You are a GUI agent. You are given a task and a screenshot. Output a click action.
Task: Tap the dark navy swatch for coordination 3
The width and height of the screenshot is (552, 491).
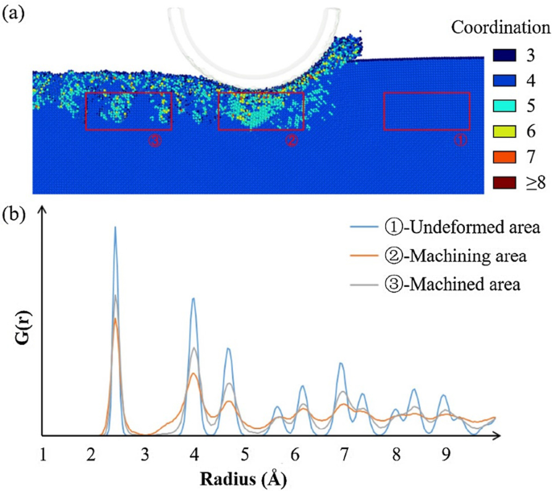pos(501,56)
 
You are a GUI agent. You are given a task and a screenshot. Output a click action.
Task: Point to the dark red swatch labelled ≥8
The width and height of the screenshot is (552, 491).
pos(501,183)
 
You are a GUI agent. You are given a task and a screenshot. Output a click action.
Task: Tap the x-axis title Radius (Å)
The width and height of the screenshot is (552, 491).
pos(247,476)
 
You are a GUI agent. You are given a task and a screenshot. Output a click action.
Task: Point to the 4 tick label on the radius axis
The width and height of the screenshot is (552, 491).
pos(193,454)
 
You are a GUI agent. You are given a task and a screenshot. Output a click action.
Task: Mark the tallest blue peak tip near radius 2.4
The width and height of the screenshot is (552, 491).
pos(115,227)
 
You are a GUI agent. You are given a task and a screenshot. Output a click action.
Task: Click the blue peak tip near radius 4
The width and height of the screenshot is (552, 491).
pos(193,298)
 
